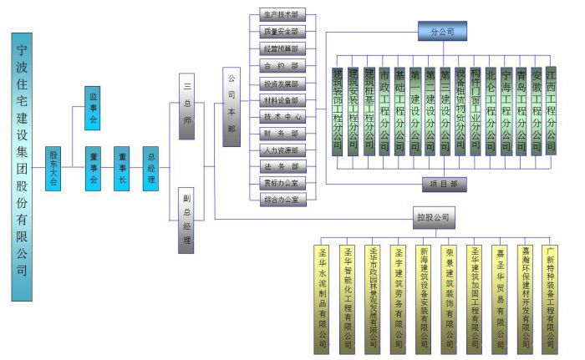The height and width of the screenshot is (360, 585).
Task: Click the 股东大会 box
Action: click(53, 168)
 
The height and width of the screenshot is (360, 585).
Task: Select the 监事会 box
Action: click(93, 108)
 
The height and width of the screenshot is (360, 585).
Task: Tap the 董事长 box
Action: click(122, 168)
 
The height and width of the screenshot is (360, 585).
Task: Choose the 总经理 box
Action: click(150, 168)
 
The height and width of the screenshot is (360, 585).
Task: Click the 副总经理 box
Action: click(187, 221)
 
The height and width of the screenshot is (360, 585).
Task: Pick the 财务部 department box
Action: click(278, 134)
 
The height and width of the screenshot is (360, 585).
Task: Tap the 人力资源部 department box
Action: click(278, 150)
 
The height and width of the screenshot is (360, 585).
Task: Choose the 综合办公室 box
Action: click(278, 200)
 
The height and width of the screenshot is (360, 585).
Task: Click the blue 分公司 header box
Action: click(442, 31)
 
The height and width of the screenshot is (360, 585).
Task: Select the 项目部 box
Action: click(444, 185)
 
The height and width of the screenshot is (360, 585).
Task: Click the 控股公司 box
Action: click(434, 218)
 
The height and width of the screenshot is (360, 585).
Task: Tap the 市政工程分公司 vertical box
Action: click(384, 111)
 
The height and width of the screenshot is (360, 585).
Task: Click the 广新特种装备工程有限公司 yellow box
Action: click(550, 297)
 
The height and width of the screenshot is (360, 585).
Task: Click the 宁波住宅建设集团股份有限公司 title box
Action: click(23, 166)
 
